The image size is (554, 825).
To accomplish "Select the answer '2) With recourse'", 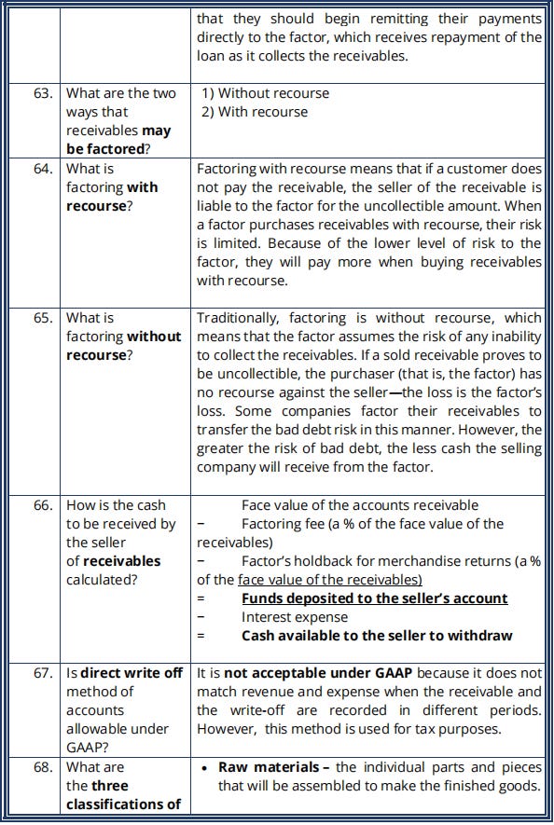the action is pos(256,112).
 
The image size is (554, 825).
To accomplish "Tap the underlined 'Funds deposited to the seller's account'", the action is pos(374,598).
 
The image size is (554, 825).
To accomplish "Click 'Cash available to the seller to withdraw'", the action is pos(377,636).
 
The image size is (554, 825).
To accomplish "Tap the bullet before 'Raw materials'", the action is pos(204,767).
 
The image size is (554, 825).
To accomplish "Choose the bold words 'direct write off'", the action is pos(132,672).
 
